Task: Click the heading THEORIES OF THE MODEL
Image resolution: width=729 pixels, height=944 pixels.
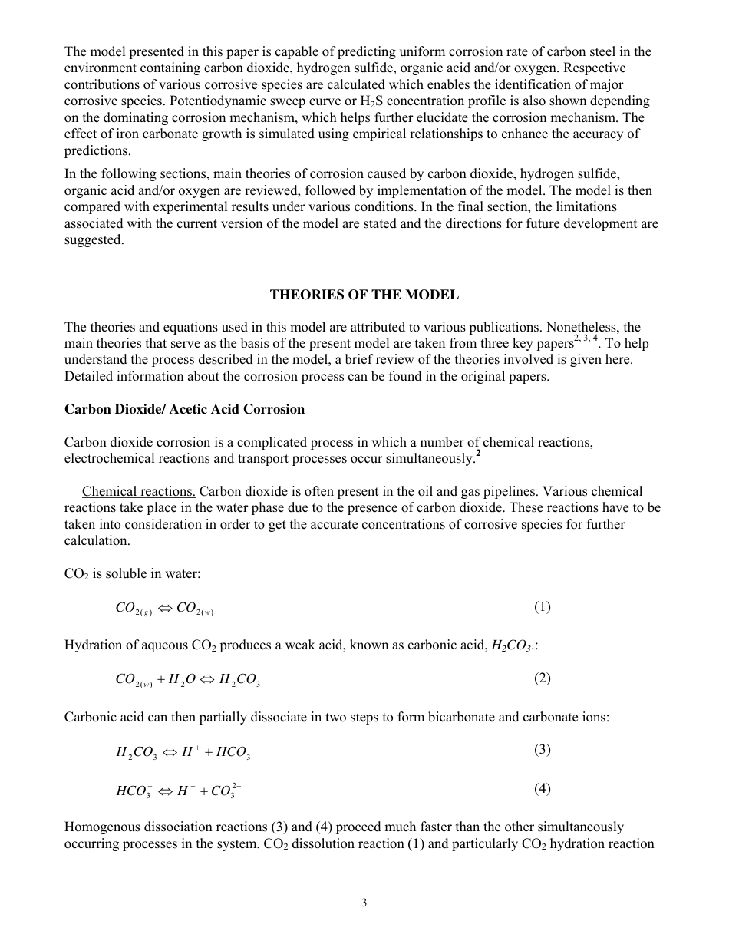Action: [364, 295]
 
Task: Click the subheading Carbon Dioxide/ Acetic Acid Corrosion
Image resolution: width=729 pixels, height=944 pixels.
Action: [184, 409]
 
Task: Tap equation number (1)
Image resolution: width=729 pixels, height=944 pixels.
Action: [542, 607]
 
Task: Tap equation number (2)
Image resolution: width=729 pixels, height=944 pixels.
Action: [542, 678]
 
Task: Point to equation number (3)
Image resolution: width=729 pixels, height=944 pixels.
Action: [542, 750]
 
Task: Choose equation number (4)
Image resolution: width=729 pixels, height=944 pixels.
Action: [542, 789]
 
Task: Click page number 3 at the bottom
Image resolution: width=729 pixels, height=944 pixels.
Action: [364, 903]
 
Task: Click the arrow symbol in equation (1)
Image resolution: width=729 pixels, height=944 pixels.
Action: [165, 609]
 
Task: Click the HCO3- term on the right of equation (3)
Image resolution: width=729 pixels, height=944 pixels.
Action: [234, 752]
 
